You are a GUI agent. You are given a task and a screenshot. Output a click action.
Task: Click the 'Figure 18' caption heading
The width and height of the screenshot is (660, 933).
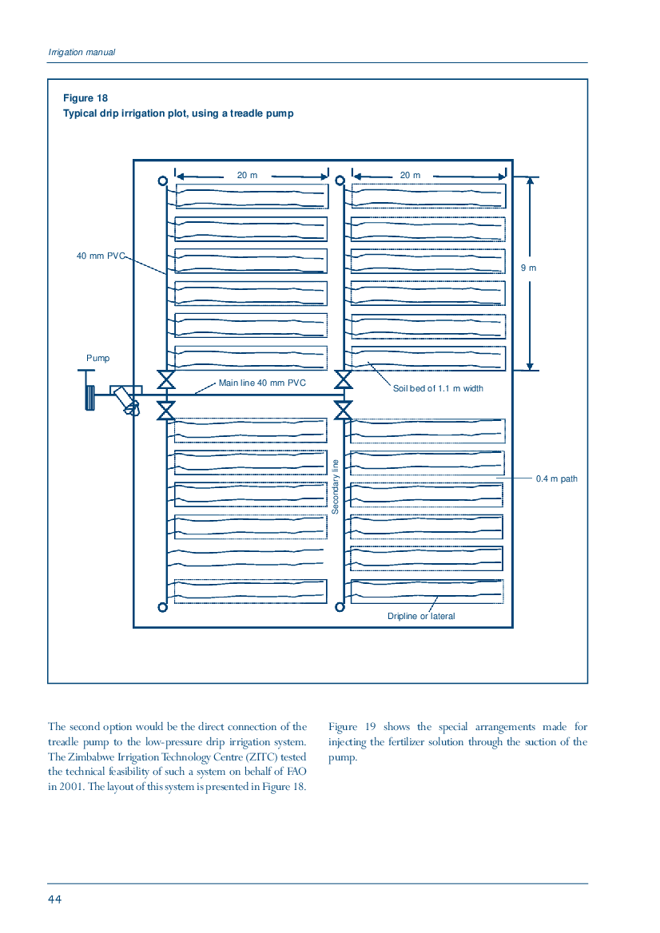(x=85, y=98)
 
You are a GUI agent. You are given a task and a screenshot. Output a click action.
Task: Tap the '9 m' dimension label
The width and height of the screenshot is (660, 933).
(x=528, y=268)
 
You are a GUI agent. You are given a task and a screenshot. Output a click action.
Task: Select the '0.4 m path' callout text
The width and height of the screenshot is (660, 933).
(x=556, y=478)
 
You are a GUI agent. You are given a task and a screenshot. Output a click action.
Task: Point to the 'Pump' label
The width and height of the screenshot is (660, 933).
(x=97, y=358)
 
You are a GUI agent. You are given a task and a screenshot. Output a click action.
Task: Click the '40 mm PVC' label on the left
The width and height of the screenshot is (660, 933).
(x=101, y=256)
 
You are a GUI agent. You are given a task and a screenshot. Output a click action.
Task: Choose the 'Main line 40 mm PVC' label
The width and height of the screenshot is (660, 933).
(x=262, y=383)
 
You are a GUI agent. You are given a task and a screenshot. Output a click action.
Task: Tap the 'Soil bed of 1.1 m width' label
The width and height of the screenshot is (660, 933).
(x=438, y=388)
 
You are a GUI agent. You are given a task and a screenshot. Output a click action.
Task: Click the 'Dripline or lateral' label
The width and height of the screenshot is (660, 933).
(x=421, y=616)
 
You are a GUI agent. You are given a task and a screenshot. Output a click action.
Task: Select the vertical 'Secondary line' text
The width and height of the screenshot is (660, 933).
(x=335, y=486)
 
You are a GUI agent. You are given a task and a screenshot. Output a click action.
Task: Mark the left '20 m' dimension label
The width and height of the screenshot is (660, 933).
(x=247, y=175)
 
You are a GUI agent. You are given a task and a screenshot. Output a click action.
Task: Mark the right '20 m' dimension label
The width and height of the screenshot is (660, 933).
(x=410, y=175)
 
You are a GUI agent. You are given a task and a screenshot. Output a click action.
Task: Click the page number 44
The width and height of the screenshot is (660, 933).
(x=55, y=899)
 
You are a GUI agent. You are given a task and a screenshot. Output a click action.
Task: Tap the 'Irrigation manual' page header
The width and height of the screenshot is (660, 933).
(x=82, y=53)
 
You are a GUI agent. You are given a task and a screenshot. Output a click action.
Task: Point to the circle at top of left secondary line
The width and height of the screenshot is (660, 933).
(x=162, y=181)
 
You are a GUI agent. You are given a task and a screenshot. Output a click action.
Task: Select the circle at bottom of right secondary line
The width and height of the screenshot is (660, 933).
(x=340, y=607)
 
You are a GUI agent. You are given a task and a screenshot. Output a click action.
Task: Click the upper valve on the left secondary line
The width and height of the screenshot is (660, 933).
(x=166, y=379)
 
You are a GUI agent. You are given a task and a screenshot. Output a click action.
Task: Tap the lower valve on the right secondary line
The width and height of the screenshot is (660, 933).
(x=344, y=410)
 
